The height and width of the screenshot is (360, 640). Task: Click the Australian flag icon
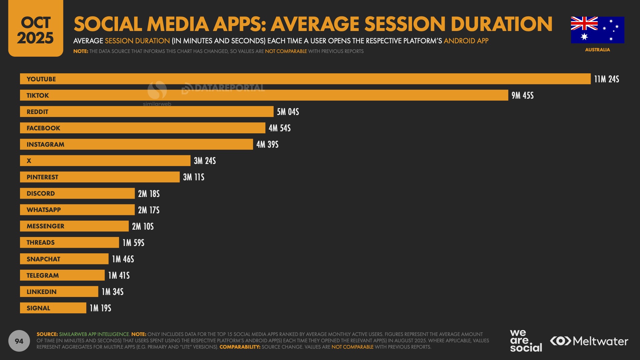click(x=597, y=30)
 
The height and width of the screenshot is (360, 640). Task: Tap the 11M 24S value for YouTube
click(x=606, y=79)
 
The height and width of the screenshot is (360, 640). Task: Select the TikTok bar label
click(x=38, y=96)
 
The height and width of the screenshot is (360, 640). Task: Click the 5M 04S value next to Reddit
click(x=288, y=112)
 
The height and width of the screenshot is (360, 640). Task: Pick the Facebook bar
click(x=142, y=128)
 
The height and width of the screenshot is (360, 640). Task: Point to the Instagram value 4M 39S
click(x=267, y=145)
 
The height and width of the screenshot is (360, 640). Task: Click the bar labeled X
click(x=105, y=161)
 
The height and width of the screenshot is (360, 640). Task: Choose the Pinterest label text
click(x=42, y=177)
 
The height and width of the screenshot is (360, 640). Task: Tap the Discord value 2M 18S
click(x=149, y=194)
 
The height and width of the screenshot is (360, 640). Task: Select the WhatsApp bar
click(x=77, y=210)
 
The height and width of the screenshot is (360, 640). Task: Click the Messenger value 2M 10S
click(x=143, y=226)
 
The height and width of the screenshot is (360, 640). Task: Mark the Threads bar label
click(x=40, y=243)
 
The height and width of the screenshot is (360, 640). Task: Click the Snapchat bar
click(x=64, y=259)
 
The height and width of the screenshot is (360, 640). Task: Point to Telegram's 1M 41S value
click(x=119, y=275)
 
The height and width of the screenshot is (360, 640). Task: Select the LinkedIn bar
click(x=59, y=292)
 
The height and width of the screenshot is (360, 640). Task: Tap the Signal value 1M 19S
click(x=100, y=308)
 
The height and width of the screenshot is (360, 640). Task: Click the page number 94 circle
click(x=19, y=341)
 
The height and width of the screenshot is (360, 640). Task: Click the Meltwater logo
click(x=589, y=341)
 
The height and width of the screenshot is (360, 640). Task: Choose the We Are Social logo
click(x=525, y=341)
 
